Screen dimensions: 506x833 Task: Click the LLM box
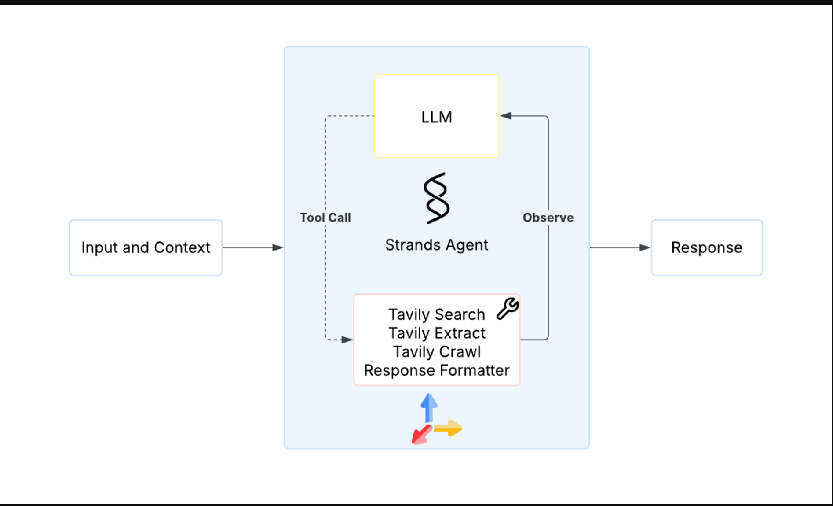[x=436, y=116]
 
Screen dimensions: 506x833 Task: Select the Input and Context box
[x=146, y=247]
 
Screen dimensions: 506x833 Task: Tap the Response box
[x=706, y=247]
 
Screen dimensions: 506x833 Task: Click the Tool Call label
[x=325, y=218]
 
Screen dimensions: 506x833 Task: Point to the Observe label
[x=548, y=218]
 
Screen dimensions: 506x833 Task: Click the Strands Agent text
[x=436, y=245]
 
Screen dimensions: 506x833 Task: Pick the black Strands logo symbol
[x=436, y=198]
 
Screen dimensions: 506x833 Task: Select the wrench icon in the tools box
[x=508, y=308]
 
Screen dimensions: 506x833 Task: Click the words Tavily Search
[x=436, y=314]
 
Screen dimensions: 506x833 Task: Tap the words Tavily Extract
[x=436, y=333]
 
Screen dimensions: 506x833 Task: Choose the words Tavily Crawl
[x=436, y=352]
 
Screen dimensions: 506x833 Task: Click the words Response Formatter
[x=436, y=370]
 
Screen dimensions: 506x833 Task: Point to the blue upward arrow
[x=429, y=407]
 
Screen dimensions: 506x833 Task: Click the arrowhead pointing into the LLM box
[x=506, y=116]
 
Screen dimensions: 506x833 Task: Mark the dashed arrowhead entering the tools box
[x=347, y=340]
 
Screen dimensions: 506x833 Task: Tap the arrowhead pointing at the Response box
[x=645, y=247]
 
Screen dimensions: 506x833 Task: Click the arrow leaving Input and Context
[x=252, y=247]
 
